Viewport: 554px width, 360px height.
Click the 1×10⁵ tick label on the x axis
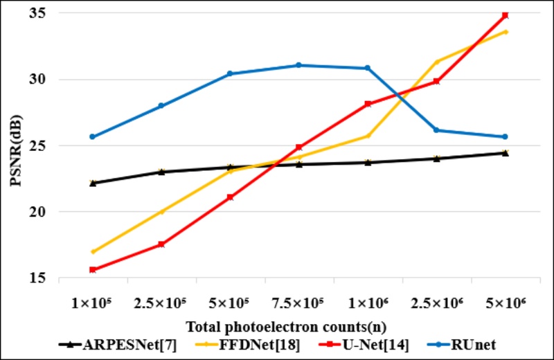coord(93,303)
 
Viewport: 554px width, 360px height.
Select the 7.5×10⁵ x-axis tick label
coord(298,303)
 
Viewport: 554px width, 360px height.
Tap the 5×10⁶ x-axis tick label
coord(505,303)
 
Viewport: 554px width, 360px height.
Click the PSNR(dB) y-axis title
coord(15,145)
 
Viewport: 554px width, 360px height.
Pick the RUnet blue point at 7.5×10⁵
coord(298,65)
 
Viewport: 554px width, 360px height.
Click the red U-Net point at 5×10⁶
coord(505,15)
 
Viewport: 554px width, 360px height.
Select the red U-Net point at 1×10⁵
coord(93,270)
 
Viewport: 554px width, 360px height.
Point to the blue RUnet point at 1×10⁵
coord(93,136)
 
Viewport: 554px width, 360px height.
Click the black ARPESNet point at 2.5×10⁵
coord(161,172)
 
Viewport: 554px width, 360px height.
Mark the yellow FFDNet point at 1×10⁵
coord(93,251)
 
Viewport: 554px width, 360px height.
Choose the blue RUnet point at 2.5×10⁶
coord(436,130)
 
